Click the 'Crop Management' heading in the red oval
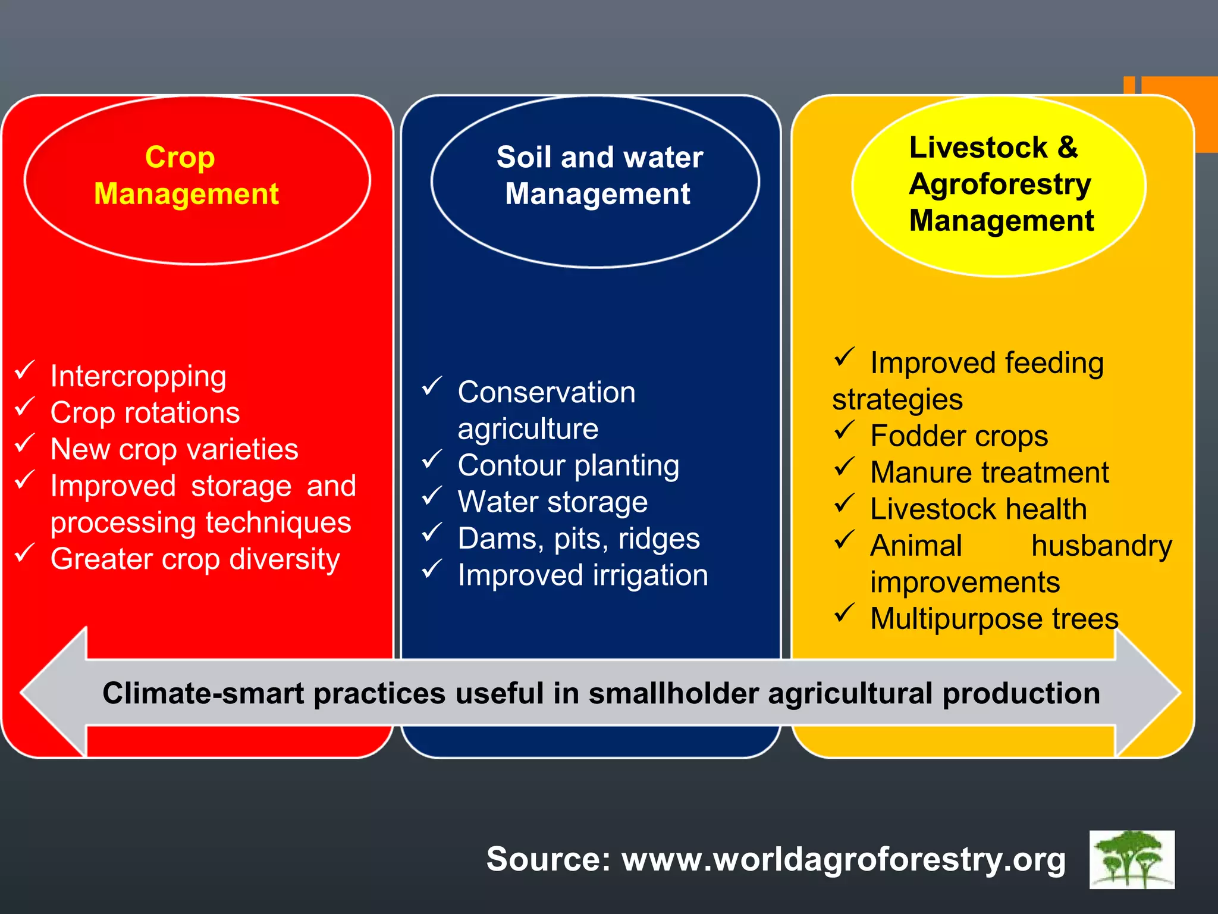(x=186, y=176)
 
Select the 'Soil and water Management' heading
(x=599, y=176)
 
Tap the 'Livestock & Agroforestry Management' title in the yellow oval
(x=1000, y=184)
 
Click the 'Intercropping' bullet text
(x=138, y=377)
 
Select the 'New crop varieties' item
(x=174, y=449)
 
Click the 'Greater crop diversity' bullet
(x=194, y=559)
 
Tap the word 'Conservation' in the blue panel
(x=546, y=393)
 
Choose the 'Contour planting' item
(x=568, y=466)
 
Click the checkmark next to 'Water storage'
(x=432, y=496)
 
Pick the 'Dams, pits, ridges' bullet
(x=578, y=539)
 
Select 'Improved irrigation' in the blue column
(x=582, y=575)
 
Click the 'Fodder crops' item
(x=959, y=436)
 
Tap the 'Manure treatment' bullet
(x=989, y=473)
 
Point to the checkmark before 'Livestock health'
(x=845, y=503)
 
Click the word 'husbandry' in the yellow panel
(x=1101, y=546)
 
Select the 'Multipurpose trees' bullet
(x=994, y=619)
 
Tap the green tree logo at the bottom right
(x=1131, y=860)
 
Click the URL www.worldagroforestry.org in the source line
(x=843, y=860)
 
